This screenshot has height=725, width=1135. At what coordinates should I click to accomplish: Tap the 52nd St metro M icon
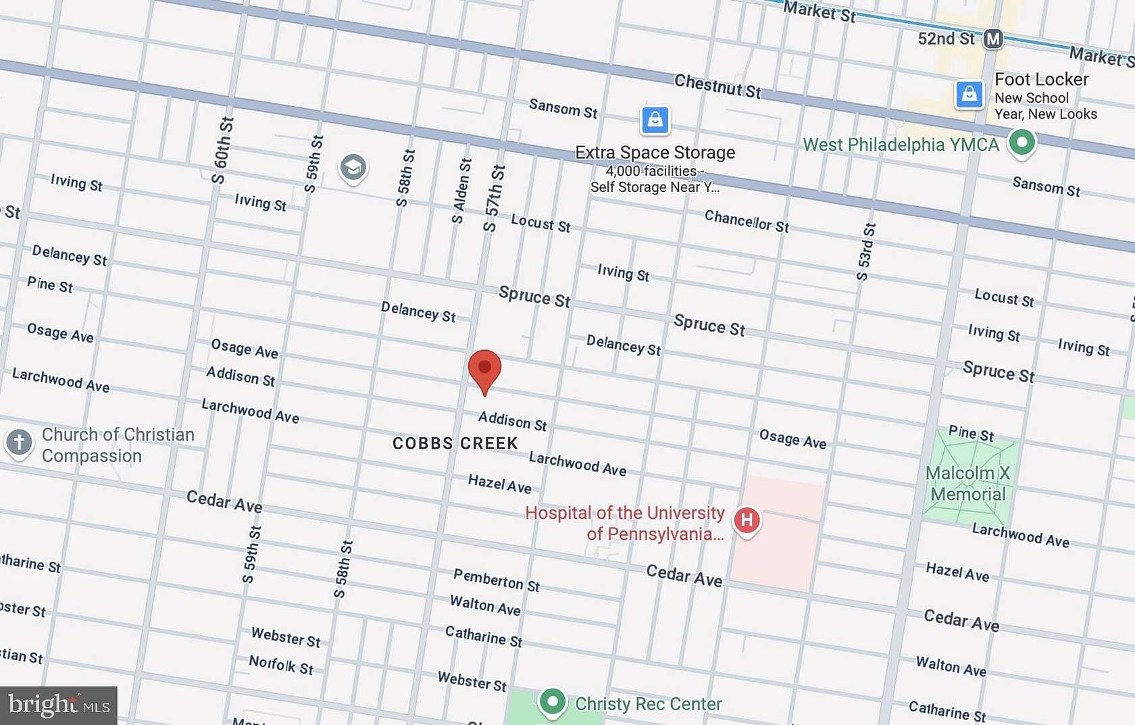(992, 39)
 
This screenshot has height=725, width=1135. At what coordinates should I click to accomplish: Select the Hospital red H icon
(747, 520)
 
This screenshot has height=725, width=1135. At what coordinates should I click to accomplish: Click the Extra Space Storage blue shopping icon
(655, 120)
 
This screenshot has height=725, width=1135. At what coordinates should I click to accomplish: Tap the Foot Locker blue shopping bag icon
(969, 94)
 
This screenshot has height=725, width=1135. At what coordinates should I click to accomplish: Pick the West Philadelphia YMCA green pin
(1022, 143)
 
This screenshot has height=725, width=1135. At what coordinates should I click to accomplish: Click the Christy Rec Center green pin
(553, 701)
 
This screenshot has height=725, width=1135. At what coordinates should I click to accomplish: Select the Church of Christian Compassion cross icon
(19, 443)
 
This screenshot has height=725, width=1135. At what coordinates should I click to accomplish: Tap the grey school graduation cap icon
(353, 167)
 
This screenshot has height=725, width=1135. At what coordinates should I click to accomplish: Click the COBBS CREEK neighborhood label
(455, 444)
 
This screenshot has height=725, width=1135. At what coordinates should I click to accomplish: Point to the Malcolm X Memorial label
(968, 484)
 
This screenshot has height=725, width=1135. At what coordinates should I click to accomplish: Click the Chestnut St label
(717, 86)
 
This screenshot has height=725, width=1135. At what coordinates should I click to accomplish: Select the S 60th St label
(222, 150)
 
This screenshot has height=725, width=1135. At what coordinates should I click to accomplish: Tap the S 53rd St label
(865, 251)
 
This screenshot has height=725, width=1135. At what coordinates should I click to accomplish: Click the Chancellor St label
(747, 221)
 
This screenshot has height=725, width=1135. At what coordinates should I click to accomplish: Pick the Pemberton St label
(496, 580)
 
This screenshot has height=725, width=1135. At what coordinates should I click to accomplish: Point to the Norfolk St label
(281, 665)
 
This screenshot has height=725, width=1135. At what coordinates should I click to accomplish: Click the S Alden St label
(461, 191)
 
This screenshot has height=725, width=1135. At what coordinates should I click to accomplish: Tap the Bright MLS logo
(59, 705)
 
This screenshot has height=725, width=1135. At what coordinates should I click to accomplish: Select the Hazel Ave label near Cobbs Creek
(499, 484)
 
